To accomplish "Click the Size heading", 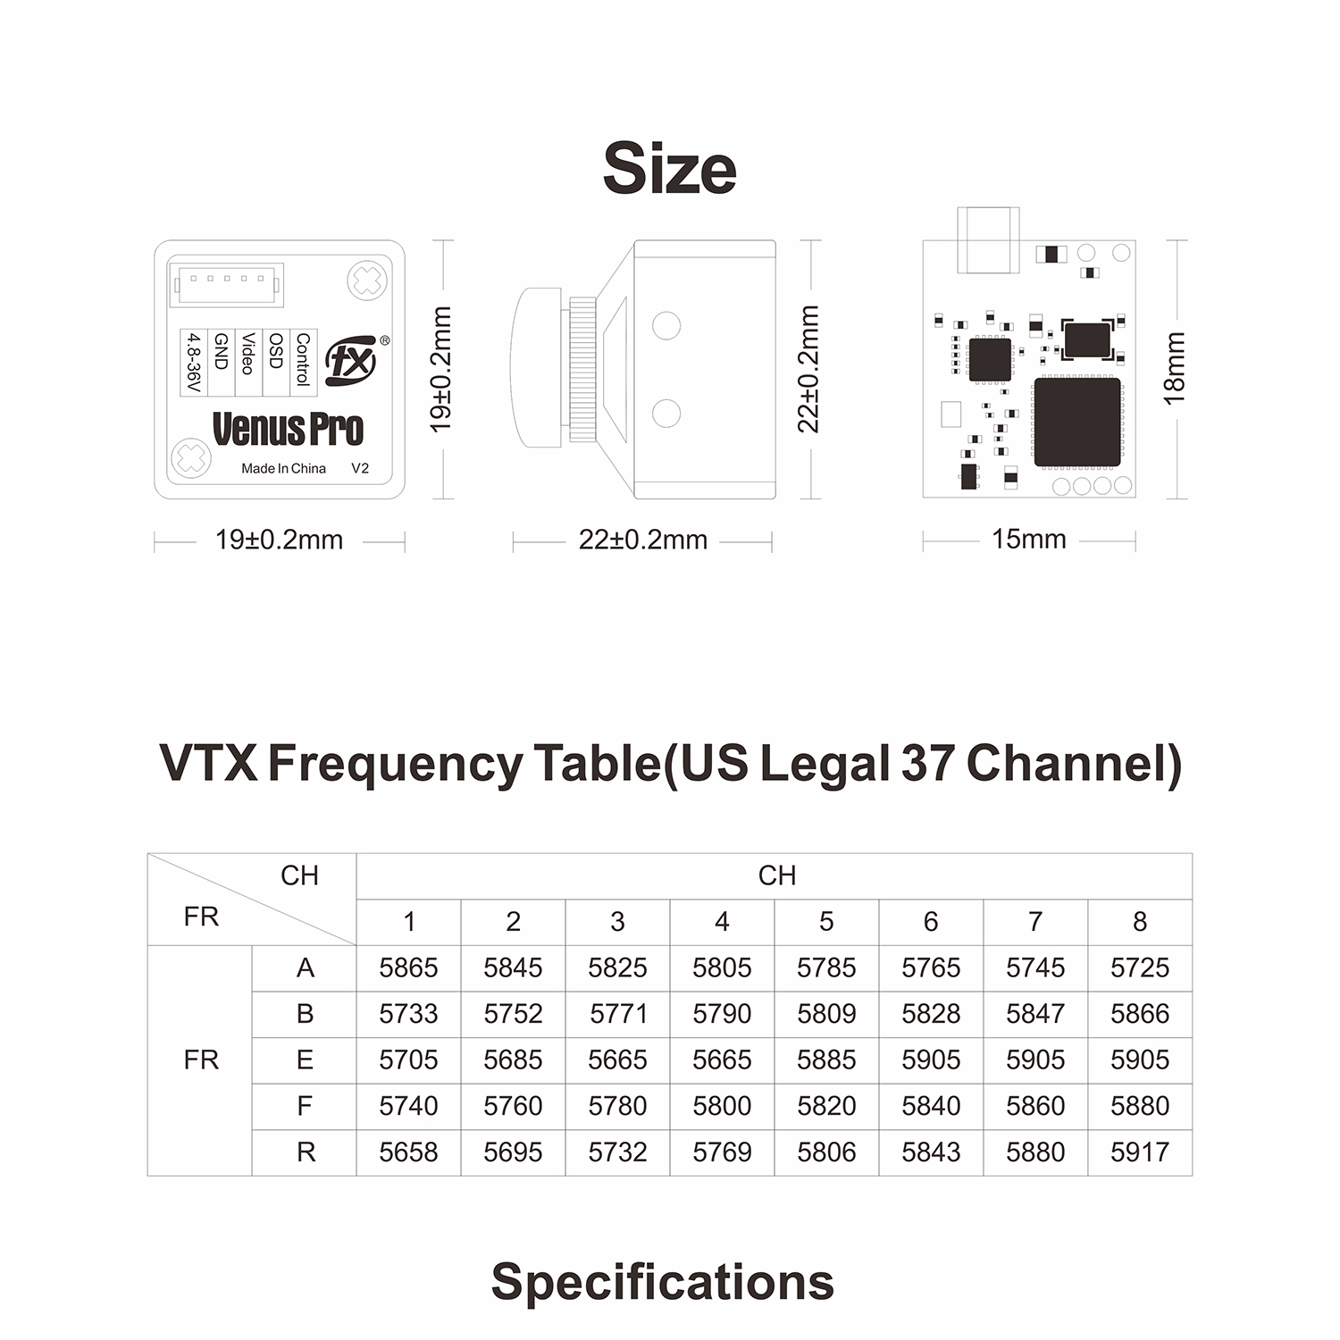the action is click(x=670, y=168).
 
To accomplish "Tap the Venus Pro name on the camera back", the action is click(x=288, y=429).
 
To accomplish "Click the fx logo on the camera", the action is click(x=352, y=362).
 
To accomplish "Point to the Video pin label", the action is click(x=248, y=353).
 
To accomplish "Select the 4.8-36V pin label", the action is click(x=192, y=362).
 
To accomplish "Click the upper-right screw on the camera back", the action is click(x=367, y=281).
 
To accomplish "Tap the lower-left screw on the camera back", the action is click(x=190, y=458).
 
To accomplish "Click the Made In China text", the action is click(x=283, y=468).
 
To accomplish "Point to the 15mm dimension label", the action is click(x=1029, y=539).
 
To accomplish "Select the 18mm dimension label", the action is click(x=1174, y=368).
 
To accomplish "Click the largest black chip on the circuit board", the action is click(x=1077, y=422).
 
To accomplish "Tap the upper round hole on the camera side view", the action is click(x=666, y=325).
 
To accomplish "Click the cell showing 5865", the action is click(x=408, y=967).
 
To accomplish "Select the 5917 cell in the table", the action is click(x=1140, y=1152).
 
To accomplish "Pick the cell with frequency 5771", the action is click(x=617, y=1014).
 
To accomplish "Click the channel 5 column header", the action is click(x=826, y=921).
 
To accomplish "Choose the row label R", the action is click(x=305, y=1152).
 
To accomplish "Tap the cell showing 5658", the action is click(x=408, y=1152).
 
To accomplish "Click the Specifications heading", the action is click(x=663, y=1283).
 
